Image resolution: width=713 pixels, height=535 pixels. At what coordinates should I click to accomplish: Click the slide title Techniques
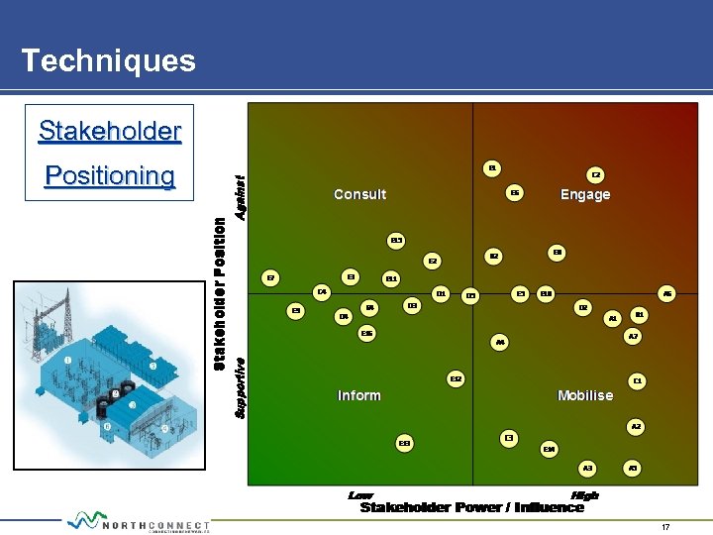coord(108,60)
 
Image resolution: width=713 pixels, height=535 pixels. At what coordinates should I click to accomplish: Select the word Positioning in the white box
coord(110,176)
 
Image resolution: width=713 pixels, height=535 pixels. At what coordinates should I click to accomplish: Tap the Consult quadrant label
coord(359,194)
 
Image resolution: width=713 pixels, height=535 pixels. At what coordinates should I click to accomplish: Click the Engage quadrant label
coord(585,194)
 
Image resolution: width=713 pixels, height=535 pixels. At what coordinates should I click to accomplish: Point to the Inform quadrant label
coord(358,395)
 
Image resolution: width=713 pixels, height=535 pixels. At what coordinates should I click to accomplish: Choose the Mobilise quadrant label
coord(585,395)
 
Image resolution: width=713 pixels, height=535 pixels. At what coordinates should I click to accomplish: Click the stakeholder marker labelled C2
coord(596,174)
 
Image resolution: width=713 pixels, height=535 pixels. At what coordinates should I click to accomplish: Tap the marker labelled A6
coord(667,293)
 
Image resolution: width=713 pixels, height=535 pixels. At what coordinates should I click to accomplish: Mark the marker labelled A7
coord(634,337)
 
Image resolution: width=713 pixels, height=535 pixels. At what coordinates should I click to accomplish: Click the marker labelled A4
coord(500,343)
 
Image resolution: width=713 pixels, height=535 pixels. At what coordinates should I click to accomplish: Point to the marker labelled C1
coord(639,380)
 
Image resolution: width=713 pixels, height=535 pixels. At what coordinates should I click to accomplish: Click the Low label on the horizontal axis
coord(360,494)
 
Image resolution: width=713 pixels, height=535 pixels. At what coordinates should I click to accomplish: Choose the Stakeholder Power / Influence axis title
coord(472,508)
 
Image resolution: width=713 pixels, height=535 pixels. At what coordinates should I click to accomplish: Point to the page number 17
coord(665,527)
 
